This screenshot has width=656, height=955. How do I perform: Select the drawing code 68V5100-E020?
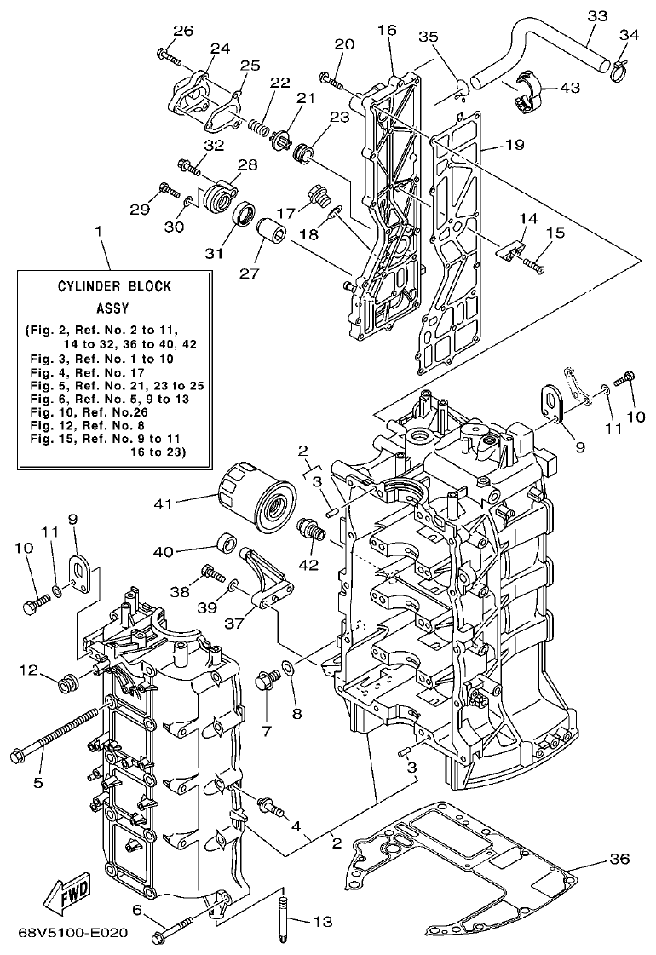tap(72, 933)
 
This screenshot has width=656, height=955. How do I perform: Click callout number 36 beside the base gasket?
tap(619, 859)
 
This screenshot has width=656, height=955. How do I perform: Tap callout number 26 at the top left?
tap(183, 32)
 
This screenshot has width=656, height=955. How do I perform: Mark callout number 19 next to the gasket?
tap(514, 145)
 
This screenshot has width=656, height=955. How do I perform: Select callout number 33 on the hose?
tap(597, 15)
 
